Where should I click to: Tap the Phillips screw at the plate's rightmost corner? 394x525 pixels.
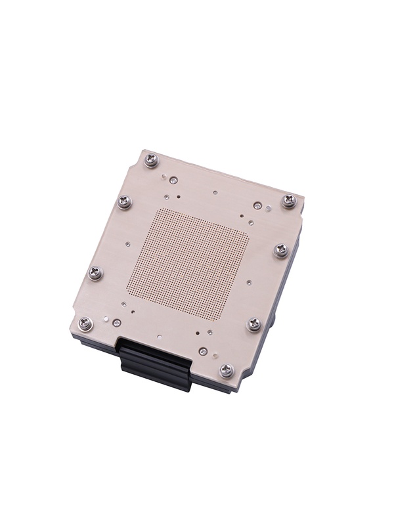tap(289, 201)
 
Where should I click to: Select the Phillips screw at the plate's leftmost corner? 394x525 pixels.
tap(85, 322)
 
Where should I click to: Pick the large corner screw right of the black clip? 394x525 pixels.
tap(227, 371)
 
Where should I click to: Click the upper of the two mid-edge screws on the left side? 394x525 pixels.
tap(125, 201)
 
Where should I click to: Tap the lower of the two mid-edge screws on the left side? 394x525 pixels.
tap(96, 272)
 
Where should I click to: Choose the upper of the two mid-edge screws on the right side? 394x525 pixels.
tap(280, 249)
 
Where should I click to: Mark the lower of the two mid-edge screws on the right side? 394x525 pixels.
tap(254, 324)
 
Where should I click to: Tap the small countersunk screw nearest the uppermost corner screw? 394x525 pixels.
tap(173, 179)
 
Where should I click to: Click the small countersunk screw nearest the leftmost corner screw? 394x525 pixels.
tap(116, 323)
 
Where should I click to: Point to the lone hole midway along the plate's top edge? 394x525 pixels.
tap(215, 192)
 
